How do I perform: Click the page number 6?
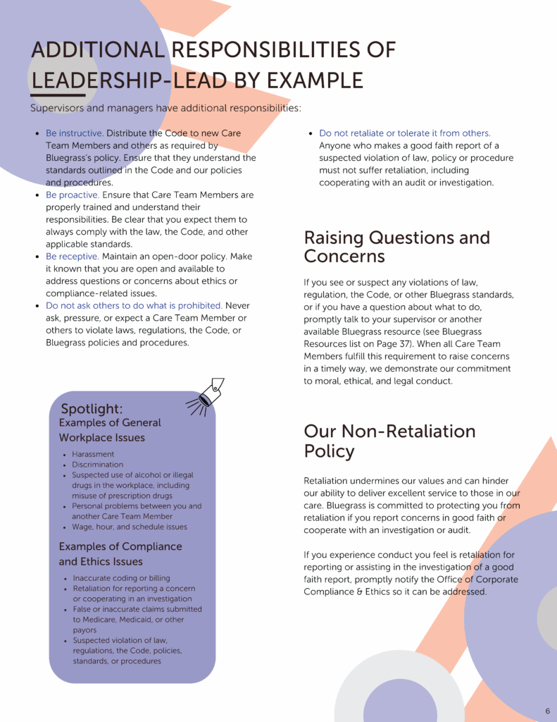547,711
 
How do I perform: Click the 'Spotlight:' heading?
92,409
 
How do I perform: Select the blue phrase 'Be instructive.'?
75,133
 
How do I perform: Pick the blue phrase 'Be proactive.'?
73,195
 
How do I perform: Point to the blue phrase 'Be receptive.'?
72,257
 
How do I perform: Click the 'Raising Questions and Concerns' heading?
396,246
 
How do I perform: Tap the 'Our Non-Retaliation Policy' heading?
389,441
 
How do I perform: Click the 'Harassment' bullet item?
93,455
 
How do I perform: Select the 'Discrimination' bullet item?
97,465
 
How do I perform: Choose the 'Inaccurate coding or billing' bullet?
121,578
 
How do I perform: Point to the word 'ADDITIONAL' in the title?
97,50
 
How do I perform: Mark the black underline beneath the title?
58,95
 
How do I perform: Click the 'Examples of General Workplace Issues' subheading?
110,430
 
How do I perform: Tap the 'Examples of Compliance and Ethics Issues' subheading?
120,554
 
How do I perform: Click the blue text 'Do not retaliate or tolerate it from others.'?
405,133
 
